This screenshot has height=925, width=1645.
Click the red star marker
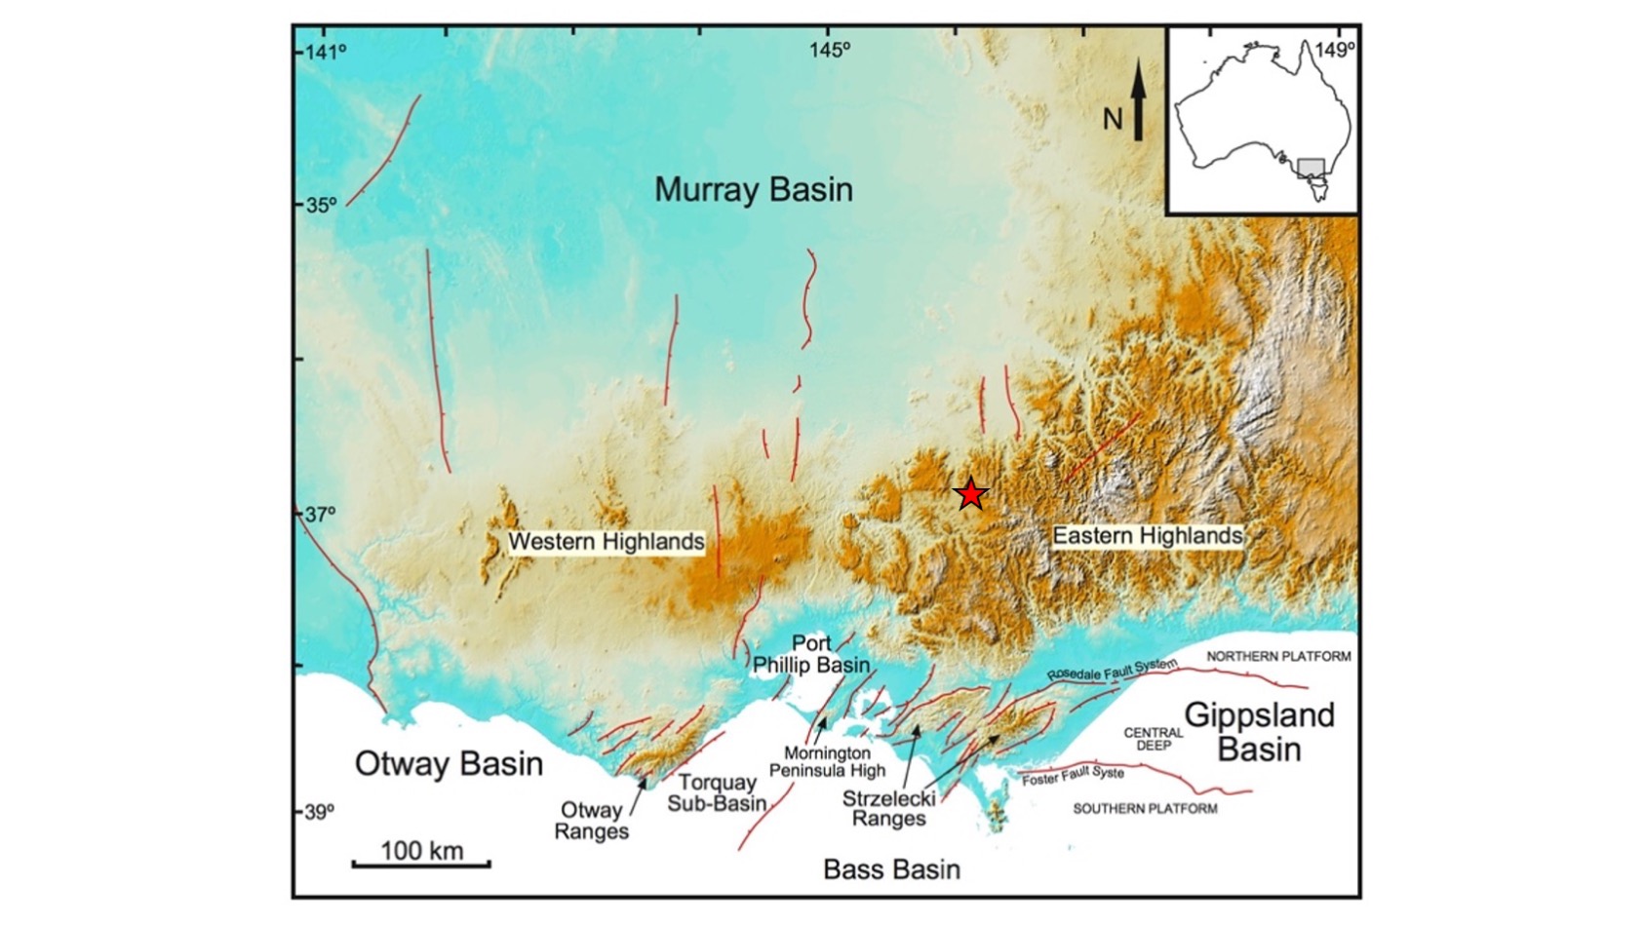tap(970, 495)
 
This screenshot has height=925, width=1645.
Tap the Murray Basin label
tap(753, 189)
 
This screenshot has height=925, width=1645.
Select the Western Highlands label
tap(606, 541)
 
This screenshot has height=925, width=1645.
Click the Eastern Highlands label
tap(1148, 535)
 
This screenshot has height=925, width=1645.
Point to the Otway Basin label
tap(449, 763)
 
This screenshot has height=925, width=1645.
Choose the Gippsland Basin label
tap(1259, 732)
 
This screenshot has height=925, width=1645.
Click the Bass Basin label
tap(891, 869)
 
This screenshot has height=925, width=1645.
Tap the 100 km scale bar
tap(421, 863)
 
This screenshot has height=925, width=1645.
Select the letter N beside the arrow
tap(1114, 120)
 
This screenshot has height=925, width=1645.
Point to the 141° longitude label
tap(326, 51)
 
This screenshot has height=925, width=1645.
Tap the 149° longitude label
tap(1334, 50)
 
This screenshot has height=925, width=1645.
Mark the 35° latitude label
tap(320, 206)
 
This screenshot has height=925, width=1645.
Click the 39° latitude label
tap(320, 811)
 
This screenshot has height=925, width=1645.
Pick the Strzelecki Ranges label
tap(888, 808)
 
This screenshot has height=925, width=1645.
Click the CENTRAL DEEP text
tap(1153, 739)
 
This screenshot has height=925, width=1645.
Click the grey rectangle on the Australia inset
tap(1311, 166)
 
